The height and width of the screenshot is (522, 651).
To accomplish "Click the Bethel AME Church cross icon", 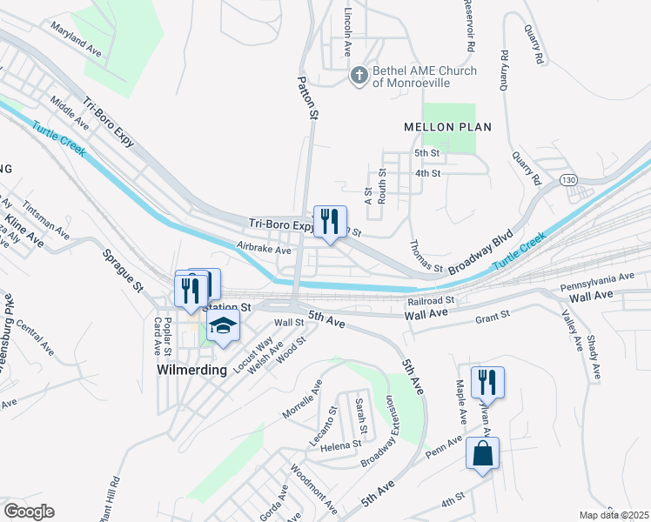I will pyautogui.click(x=358, y=76).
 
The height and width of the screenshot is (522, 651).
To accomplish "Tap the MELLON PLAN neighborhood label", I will pyautogui.click(x=448, y=127).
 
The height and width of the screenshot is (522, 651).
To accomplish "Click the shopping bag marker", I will pyautogui.click(x=482, y=454).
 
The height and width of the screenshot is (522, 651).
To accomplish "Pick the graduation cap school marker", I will pyautogui.click(x=224, y=328).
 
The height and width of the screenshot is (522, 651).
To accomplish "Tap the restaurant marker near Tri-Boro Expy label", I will pyautogui.click(x=330, y=223).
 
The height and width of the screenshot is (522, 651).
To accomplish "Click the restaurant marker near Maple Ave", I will pyautogui.click(x=487, y=383).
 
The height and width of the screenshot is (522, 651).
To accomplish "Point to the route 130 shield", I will pyautogui.click(x=569, y=179).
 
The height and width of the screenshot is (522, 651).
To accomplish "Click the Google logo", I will pyautogui.click(x=28, y=512).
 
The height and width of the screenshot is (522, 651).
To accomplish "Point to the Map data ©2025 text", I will pyautogui.click(x=614, y=515).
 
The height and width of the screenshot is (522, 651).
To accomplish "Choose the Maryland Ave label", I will pyautogui.click(x=76, y=40).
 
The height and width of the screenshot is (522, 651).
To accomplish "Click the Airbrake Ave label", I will pyautogui.click(x=265, y=250).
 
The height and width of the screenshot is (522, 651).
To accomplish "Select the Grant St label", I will pyautogui.click(x=492, y=319).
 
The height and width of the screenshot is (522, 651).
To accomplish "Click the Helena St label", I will pyautogui.click(x=340, y=445).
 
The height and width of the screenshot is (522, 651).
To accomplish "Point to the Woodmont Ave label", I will pyautogui.click(x=313, y=489).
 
